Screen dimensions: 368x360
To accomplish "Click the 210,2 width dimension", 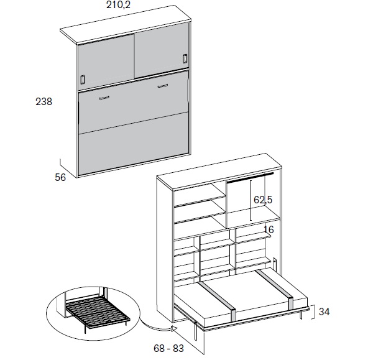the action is tap(118, 5).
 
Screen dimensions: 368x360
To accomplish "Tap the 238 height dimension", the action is tap(44, 101).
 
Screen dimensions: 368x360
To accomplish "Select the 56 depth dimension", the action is tap(60, 177).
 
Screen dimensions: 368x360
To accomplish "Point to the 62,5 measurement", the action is tap(263, 200).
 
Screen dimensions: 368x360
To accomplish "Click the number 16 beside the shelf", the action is tap(269, 229).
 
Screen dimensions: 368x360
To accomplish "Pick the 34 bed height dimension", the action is tap(324, 312).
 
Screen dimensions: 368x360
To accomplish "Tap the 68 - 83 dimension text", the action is tap(168, 348).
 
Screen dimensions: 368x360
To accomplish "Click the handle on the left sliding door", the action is tap(83, 80).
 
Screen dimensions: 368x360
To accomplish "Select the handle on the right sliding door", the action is tap(185, 58).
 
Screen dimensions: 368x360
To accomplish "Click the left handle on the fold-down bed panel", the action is tap(104, 98).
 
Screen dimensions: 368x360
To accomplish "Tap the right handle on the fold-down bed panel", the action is tap(163, 86).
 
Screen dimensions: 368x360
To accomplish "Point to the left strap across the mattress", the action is tap(218, 301).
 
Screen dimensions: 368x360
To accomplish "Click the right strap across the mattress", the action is tap(274, 288).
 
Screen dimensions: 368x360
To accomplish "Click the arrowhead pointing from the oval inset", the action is tap(173, 328).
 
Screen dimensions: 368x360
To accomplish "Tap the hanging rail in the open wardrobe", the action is tap(250, 178).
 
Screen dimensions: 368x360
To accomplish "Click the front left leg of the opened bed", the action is tap(195, 330).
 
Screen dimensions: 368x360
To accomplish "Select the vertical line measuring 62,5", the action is tap(251, 200).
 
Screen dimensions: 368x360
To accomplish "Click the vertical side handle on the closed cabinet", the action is tap(188, 90).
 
